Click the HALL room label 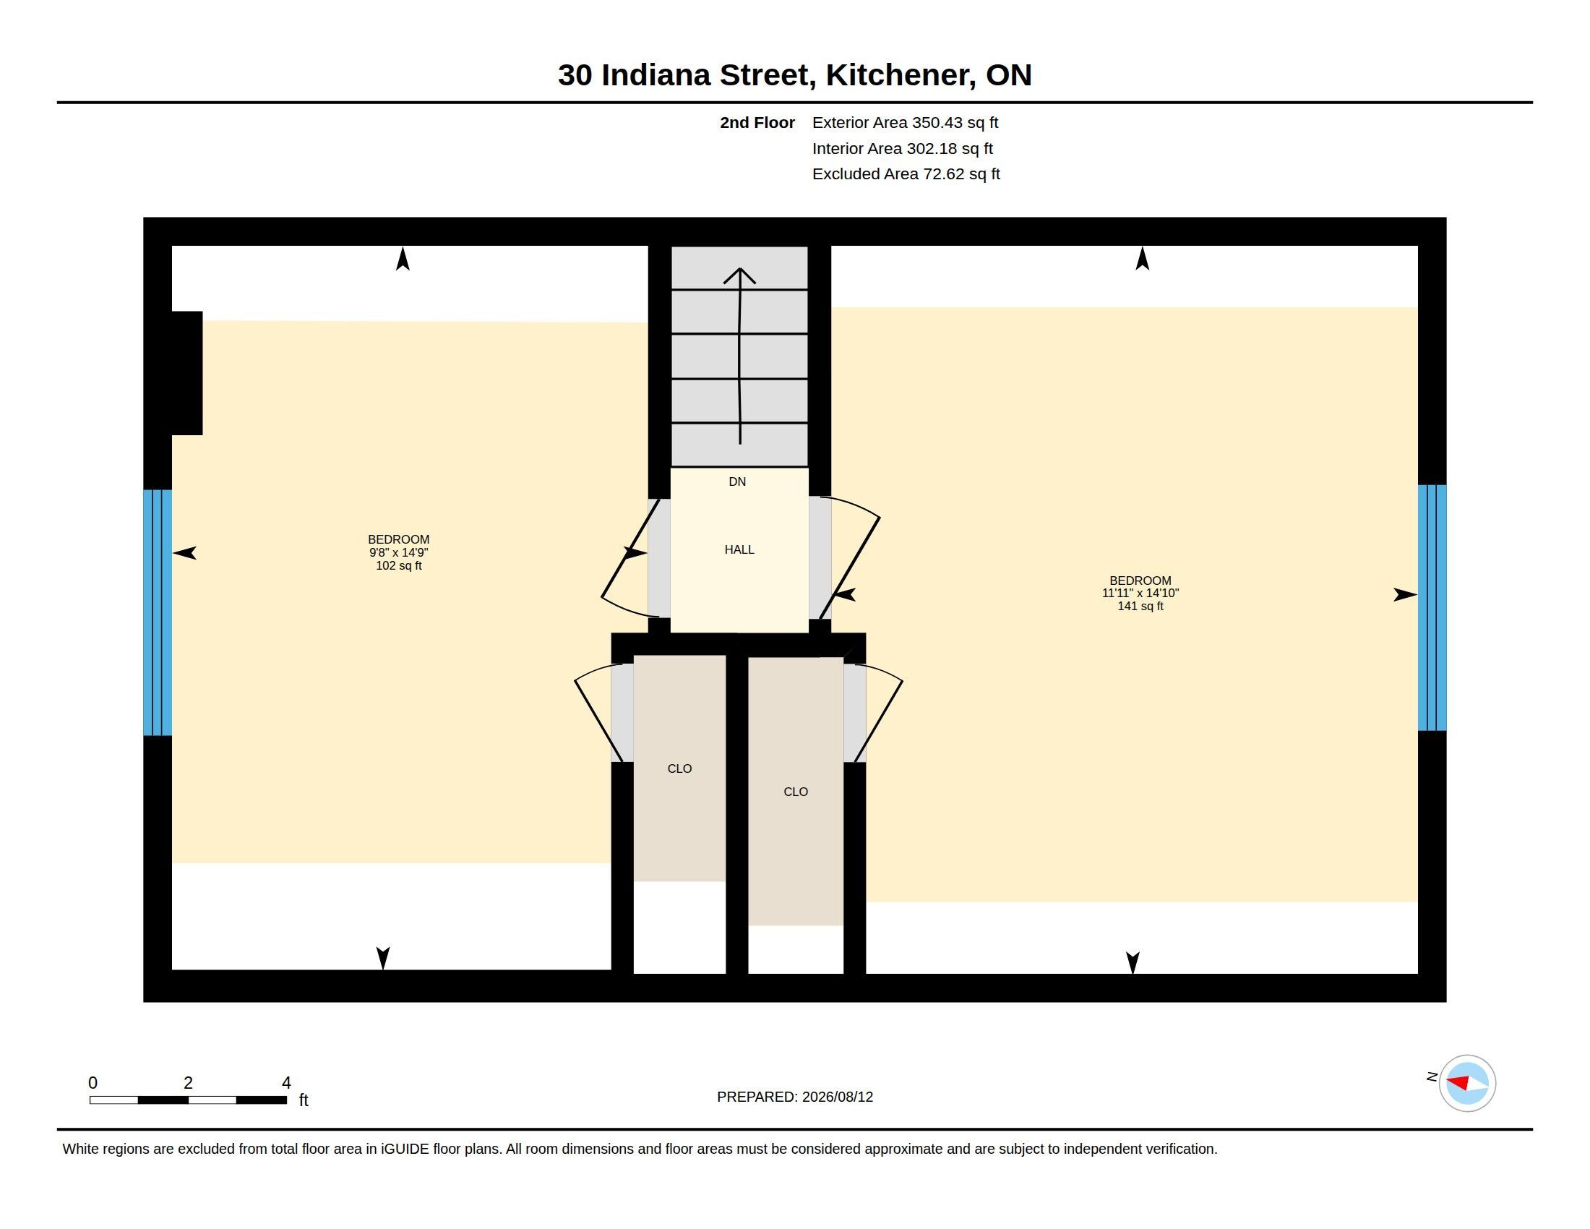click(x=739, y=549)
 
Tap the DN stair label click(x=737, y=481)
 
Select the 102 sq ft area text click(x=398, y=566)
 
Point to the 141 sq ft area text click(x=1140, y=606)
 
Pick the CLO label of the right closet click(x=796, y=792)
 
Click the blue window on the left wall click(x=158, y=612)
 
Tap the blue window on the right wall click(x=1432, y=607)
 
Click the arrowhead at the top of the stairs click(x=739, y=275)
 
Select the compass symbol click(x=1467, y=1083)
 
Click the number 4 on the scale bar click(x=286, y=1083)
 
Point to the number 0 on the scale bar click(x=93, y=1083)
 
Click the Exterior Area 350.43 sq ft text click(x=905, y=122)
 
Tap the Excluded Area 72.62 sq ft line click(x=906, y=174)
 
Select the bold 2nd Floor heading click(x=757, y=122)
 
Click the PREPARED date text click(x=795, y=1097)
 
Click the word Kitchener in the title click(x=900, y=75)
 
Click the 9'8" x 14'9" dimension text click(x=398, y=552)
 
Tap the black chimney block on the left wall click(x=186, y=373)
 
